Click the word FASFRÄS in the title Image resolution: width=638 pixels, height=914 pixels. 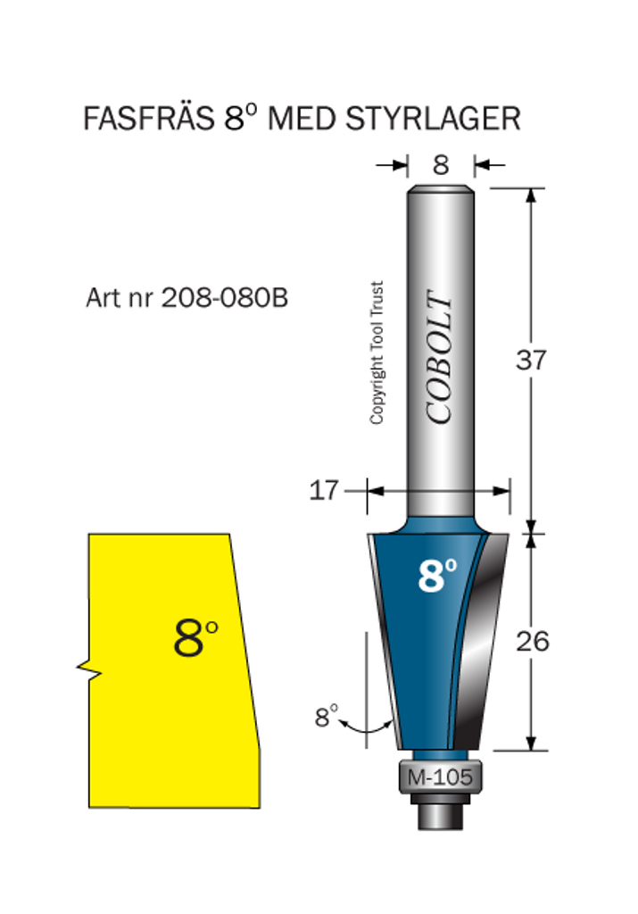click(x=149, y=119)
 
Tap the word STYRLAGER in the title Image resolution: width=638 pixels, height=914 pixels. click(x=433, y=119)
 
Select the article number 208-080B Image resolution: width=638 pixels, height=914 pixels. click(x=224, y=297)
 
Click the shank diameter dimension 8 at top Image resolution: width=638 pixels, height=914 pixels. click(x=441, y=165)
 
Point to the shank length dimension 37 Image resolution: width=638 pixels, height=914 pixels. click(x=531, y=360)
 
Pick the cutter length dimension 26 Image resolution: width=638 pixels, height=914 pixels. click(x=532, y=641)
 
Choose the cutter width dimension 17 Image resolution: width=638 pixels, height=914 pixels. click(x=323, y=490)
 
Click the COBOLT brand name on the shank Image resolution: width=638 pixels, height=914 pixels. click(x=439, y=357)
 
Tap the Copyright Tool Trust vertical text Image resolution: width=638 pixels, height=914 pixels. click(x=377, y=353)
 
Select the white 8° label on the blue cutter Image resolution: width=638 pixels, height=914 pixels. click(x=437, y=576)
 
